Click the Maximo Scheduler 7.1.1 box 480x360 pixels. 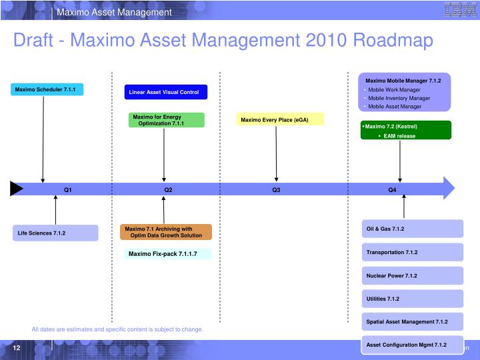pos(46,89)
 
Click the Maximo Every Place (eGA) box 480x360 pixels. pos(281,119)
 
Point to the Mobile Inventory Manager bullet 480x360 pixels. pos(399,98)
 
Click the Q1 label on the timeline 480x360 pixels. pos(67,190)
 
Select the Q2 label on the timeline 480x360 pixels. pos(168,190)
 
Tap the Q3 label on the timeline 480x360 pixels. pos(276,190)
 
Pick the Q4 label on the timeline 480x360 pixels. pos(392,190)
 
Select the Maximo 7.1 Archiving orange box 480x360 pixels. pos(166,232)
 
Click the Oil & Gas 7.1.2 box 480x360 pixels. pos(413,229)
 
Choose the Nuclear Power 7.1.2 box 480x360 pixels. pos(413,275)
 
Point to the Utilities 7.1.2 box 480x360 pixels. pos(413,299)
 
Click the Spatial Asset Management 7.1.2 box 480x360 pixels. pos(413,321)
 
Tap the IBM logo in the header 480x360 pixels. pos(455,9)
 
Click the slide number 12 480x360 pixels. pos(16,348)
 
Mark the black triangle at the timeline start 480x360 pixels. pos(16,189)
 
